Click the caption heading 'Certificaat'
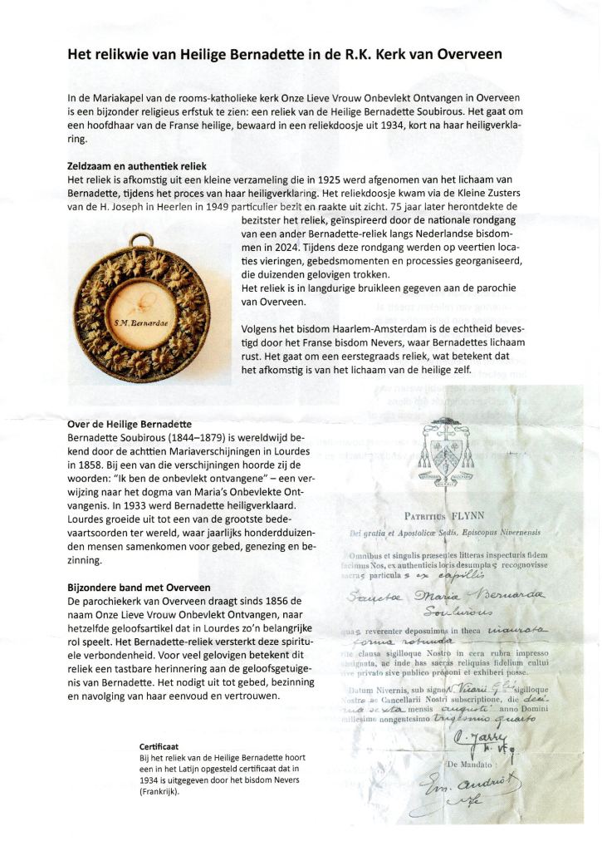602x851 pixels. pos(160,747)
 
